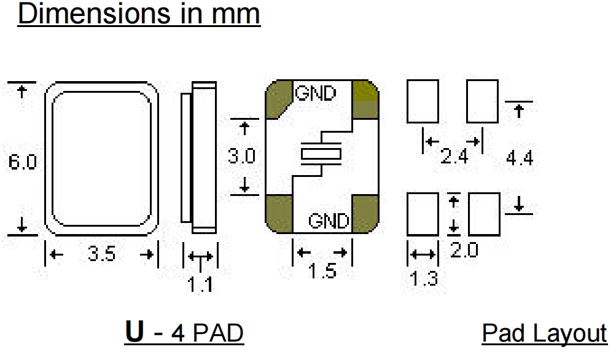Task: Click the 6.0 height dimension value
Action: click(23, 162)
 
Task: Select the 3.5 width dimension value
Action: click(101, 254)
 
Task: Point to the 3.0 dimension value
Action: click(242, 157)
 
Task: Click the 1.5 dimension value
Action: click(322, 271)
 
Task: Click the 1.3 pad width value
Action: click(424, 279)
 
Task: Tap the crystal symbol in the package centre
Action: click(321, 154)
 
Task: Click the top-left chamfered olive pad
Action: click(279, 99)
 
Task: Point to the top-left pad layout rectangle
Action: click(423, 102)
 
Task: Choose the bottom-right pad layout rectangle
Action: click(484, 214)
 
